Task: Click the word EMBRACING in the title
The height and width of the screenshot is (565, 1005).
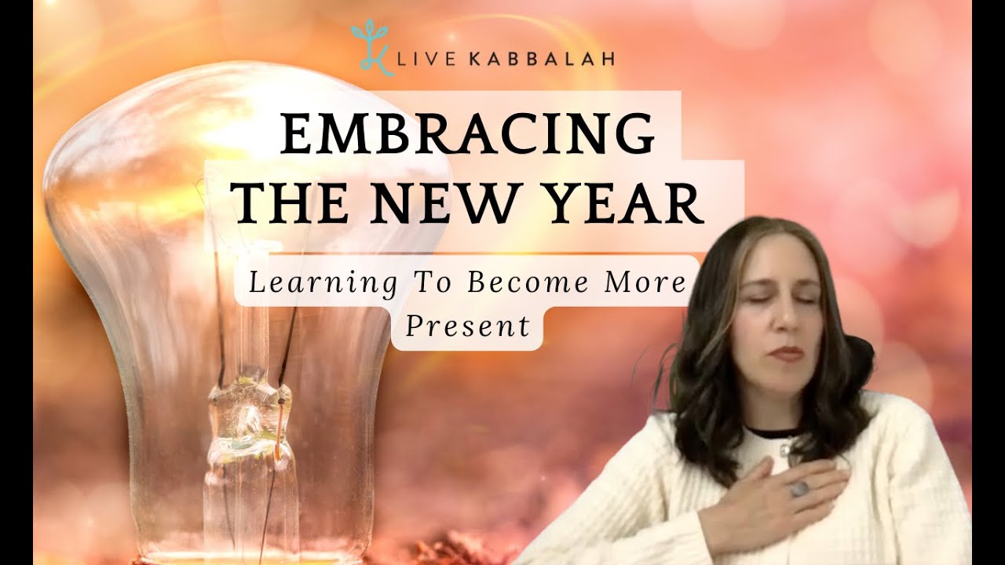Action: pos(467,135)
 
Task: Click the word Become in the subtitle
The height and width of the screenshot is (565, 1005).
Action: pos(528,283)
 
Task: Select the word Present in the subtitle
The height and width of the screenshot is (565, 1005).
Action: pos(467,326)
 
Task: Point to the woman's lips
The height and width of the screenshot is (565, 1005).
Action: pos(786,354)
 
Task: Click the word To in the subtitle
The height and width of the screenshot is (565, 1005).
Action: pos(432,283)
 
